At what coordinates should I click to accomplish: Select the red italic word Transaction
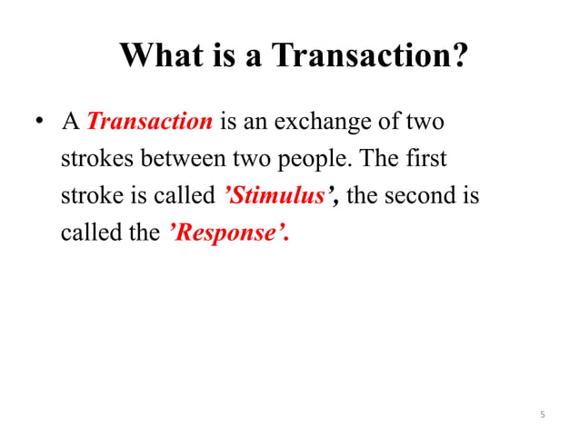coord(150,122)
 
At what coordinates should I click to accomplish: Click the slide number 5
coord(542,415)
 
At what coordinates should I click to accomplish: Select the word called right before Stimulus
coord(187,196)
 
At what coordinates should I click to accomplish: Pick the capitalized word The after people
coord(375,159)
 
